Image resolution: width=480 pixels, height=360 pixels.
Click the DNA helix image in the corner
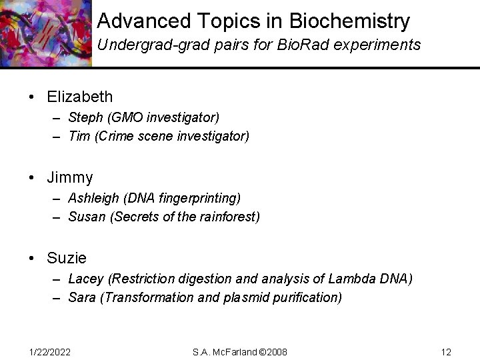pos(44,33)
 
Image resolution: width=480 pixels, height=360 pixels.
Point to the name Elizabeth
pos(80,97)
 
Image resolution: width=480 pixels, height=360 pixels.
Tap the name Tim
pos(78,137)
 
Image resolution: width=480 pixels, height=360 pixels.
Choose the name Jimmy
pos(70,177)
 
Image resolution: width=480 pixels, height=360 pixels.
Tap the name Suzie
pos(67,257)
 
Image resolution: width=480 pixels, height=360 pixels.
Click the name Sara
pos(82,297)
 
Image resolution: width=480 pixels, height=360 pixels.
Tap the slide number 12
pos(447,351)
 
